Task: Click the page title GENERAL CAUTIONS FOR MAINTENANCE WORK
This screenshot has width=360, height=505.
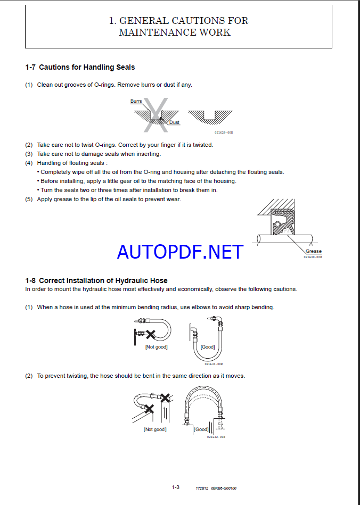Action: (178, 27)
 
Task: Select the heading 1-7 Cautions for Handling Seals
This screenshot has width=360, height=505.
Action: (80, 67)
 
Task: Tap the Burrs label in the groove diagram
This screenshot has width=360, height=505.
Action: (136, 101)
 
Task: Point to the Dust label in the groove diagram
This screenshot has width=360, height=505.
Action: (174, 122)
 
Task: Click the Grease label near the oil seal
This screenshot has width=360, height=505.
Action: (313, 251)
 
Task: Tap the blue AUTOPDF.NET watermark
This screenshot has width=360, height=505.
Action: (180, 252)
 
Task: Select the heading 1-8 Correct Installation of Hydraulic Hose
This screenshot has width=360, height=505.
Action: (96, 280)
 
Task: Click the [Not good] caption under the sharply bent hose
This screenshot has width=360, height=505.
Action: (156, 347)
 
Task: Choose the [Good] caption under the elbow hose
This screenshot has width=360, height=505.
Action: (208, 347)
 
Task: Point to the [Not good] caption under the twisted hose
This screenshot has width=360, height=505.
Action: (154, 429)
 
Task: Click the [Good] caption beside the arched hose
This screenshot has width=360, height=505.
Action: (201, 429)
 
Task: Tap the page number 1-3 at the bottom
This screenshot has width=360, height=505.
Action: (176, 487)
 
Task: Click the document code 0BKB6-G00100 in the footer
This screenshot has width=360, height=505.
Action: (224, 487)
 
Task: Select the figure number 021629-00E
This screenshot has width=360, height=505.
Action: (224, 132)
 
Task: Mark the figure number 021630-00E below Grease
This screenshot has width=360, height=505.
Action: (313, 257)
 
